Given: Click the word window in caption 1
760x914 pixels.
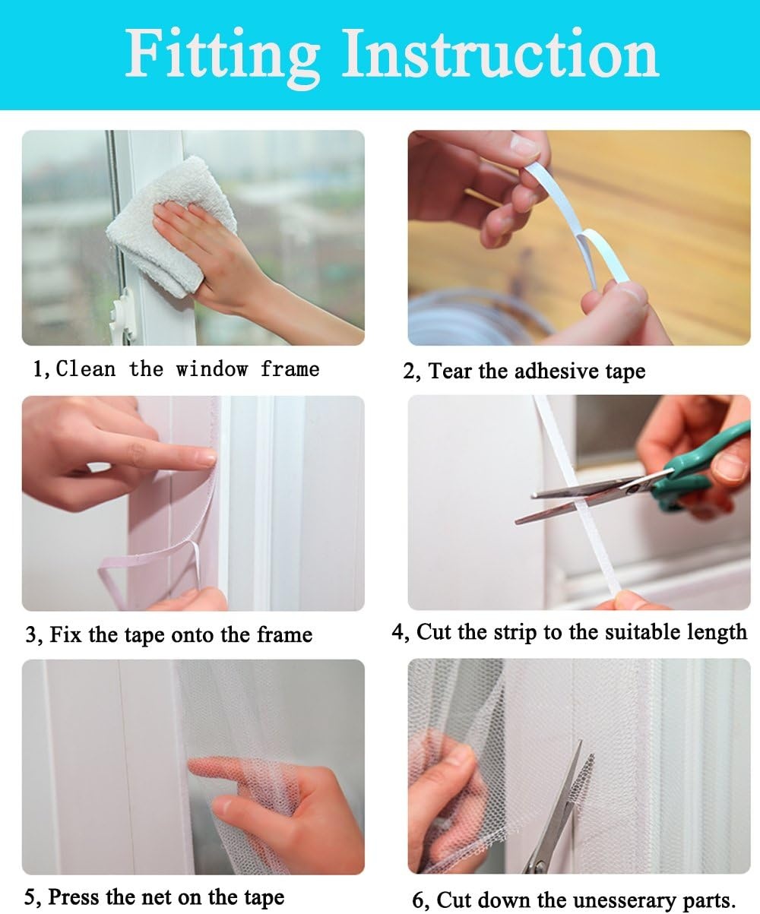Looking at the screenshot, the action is [x=212, y=368].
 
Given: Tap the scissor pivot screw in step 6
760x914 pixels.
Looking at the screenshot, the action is [x=540, y=865].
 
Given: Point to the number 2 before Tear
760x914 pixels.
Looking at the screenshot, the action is [x=409, y=372].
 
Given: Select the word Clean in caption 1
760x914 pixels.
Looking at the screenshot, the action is [x=86, y=368].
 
